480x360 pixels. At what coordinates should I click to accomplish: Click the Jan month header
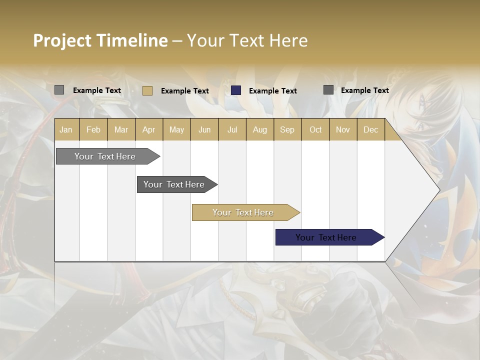(x=66, y=129)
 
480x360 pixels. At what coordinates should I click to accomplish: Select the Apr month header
(x=148, y=129)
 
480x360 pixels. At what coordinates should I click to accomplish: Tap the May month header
(x=176, y=129)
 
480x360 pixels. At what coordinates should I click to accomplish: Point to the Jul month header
(x=232, y=129)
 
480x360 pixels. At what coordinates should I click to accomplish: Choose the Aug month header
(x=259, y=129)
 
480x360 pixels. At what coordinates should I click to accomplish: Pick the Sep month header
(x=287, y=129)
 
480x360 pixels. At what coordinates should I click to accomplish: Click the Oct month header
(x=315, y=129)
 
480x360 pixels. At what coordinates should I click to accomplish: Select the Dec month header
(x=370, y=129)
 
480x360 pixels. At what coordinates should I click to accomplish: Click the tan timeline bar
(x=243, y=212)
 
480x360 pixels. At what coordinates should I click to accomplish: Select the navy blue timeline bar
(x=326, y=237)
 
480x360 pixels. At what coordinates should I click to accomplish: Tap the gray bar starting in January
(x=105, y=156)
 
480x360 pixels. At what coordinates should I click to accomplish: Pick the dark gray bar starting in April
(x=174, y=184)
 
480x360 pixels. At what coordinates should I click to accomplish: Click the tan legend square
(x=147, y=90)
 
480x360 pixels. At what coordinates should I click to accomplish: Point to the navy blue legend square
(x=236, y=90)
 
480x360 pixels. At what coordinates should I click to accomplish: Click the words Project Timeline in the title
(x=100, y=40)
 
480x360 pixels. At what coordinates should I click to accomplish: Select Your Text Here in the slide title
(x=247, y=40)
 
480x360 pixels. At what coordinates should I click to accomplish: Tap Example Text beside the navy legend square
(x=272, y=91)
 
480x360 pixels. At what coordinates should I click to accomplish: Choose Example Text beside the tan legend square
(x=184, y=91)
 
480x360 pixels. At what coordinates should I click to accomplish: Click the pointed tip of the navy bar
(x=383, y=237)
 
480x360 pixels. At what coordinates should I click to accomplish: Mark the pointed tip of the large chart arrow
(x=439, y=189)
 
